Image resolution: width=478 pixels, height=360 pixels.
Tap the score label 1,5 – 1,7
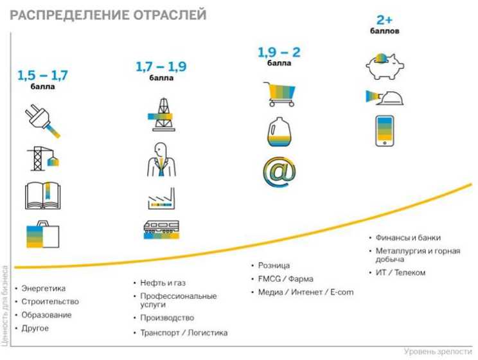[42, 76]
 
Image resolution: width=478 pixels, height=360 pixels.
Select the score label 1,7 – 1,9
[161, 66]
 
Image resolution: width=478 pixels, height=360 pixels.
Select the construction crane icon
[43, 157]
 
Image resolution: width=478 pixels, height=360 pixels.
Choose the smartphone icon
[385, 131]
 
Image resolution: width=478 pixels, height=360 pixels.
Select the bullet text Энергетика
[44, 288]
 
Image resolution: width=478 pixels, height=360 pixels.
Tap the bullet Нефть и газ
[163, 282]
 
